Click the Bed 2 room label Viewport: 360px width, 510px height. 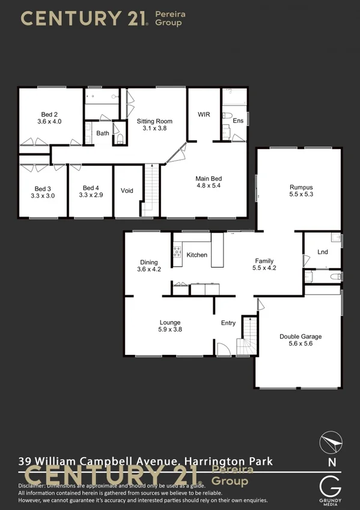(49, 114)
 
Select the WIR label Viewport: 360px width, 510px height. (203, 114)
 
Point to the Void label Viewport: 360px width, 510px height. (127, 191)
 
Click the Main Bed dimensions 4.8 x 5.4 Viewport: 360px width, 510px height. (209, 186)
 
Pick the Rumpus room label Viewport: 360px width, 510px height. (301, 187)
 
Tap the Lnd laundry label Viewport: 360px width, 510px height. (323, 252)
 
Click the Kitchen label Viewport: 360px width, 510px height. (197, 255)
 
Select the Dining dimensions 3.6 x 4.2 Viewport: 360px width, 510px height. (149, 270)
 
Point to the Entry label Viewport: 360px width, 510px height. (228, 323)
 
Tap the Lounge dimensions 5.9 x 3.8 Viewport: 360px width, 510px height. (170, 330)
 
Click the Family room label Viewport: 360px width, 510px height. (264, 260)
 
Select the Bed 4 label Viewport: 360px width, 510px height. (90, 188)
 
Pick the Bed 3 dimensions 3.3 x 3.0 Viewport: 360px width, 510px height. (42, 195)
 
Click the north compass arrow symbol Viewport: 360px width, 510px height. (331, 442)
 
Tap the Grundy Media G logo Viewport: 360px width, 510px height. (331, 485)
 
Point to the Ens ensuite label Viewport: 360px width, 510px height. (239, 121)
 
